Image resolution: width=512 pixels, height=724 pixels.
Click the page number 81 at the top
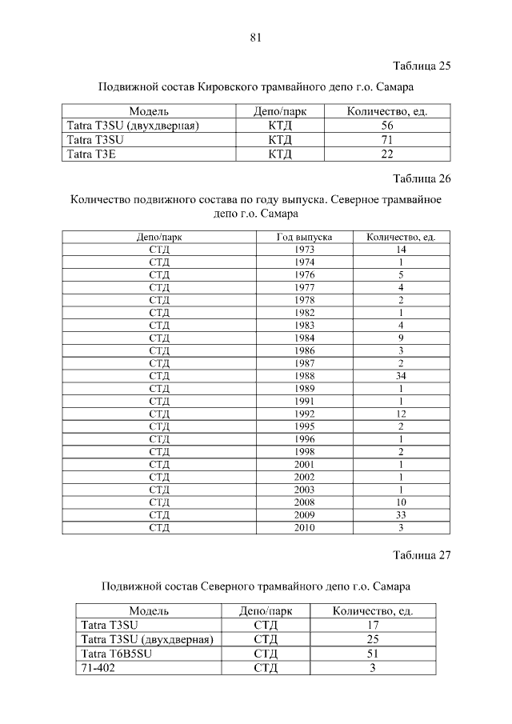tap(256, 37)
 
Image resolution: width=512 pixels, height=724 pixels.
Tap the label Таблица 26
tap(422, 177)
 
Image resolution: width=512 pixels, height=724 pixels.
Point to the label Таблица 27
tap(422, 555)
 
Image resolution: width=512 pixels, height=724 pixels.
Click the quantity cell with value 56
tap(386, 126)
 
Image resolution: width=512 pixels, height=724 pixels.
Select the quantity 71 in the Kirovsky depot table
tap(386, 140)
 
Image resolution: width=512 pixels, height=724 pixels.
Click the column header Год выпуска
tap(304, 238)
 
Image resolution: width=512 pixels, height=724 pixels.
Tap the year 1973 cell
tap(304, 250)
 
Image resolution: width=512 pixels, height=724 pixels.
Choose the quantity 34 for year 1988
tap(400, 376)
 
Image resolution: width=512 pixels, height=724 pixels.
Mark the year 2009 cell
tap(304, 514)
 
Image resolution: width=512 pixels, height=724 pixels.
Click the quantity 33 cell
tap(400, 514)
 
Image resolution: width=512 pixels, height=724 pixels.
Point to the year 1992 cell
tap(304, 414)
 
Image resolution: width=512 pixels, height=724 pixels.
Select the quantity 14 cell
tap(400, 250)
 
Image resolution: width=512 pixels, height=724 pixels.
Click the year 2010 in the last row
tap(304, 527)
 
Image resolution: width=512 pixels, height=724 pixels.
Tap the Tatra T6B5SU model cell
tap(116, 654)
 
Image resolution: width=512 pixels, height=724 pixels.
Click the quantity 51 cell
tap(372, 654)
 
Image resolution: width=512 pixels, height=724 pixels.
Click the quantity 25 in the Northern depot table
tap(372, 639)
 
